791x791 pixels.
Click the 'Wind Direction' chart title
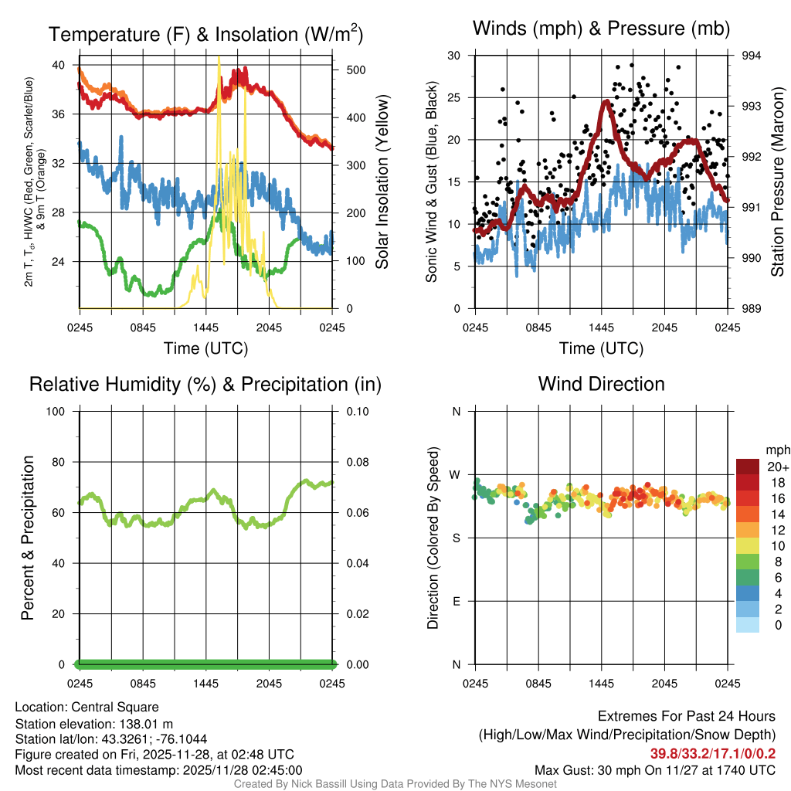coord(601,384)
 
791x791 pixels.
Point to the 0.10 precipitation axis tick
coord(356,411)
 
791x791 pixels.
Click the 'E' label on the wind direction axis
coord(456,601)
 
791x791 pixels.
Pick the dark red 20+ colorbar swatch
coord(748,467)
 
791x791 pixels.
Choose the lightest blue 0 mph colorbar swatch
coord(748,626)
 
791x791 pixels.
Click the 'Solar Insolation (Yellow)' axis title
coord(382,182)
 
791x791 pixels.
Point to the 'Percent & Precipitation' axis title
coord(27,538)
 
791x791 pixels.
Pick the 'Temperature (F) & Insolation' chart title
coord(205,35)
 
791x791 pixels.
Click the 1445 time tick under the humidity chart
coord(206,684)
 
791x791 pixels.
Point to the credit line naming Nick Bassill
coord(395,784)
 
